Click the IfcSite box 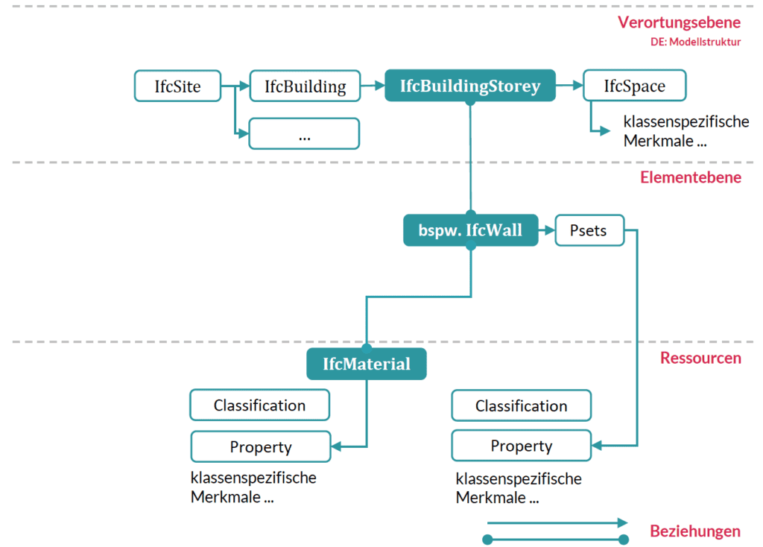pos(178,86)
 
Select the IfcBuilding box pos(305,86)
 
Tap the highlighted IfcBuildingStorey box pos(469,85)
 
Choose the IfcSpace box pos(634,86)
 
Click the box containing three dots pos(304,134)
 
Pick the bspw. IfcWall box pos(470,231)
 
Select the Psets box pos(589,231)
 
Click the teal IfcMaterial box pos(366,364)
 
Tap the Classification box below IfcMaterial pos(259,405)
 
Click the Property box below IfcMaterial pos(260,447)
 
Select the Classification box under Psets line pos(521,406)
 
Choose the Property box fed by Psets pos(521,446)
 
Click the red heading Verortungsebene pos(679,22)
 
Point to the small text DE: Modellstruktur pos(695,42)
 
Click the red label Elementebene pos(690,177)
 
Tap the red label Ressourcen pos(700,358)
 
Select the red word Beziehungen pos(694,531)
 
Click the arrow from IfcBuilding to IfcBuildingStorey pos(372,86)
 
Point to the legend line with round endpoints pos(555,539)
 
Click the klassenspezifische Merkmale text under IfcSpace pos(686,131)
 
